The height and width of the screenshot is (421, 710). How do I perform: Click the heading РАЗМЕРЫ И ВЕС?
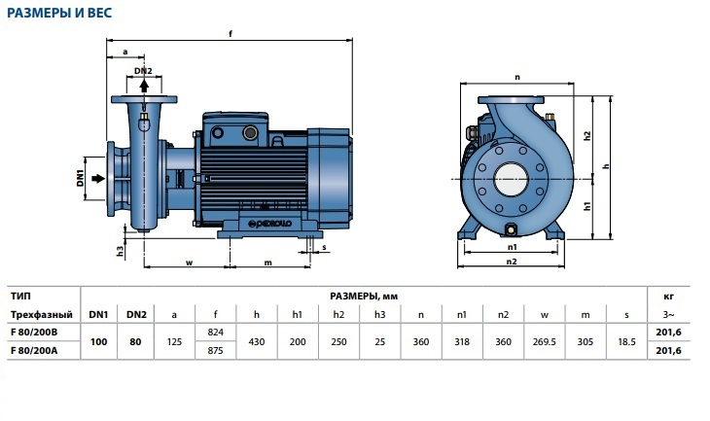[59, 13]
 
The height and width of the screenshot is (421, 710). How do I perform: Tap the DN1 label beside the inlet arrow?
[81, 178]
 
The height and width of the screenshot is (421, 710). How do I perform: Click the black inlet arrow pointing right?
[98, 178]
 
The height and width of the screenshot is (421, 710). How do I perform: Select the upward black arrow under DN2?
[144, 86]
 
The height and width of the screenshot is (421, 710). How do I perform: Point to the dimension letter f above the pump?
[231, 34]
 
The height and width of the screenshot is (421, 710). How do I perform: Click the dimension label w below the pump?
[190, 263]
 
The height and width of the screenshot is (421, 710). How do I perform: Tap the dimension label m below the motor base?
[268, 263]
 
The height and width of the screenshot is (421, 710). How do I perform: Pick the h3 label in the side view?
[120, 251]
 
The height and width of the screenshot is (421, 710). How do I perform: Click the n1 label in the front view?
[513, 247]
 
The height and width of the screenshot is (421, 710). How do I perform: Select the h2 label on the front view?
[587, 135]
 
